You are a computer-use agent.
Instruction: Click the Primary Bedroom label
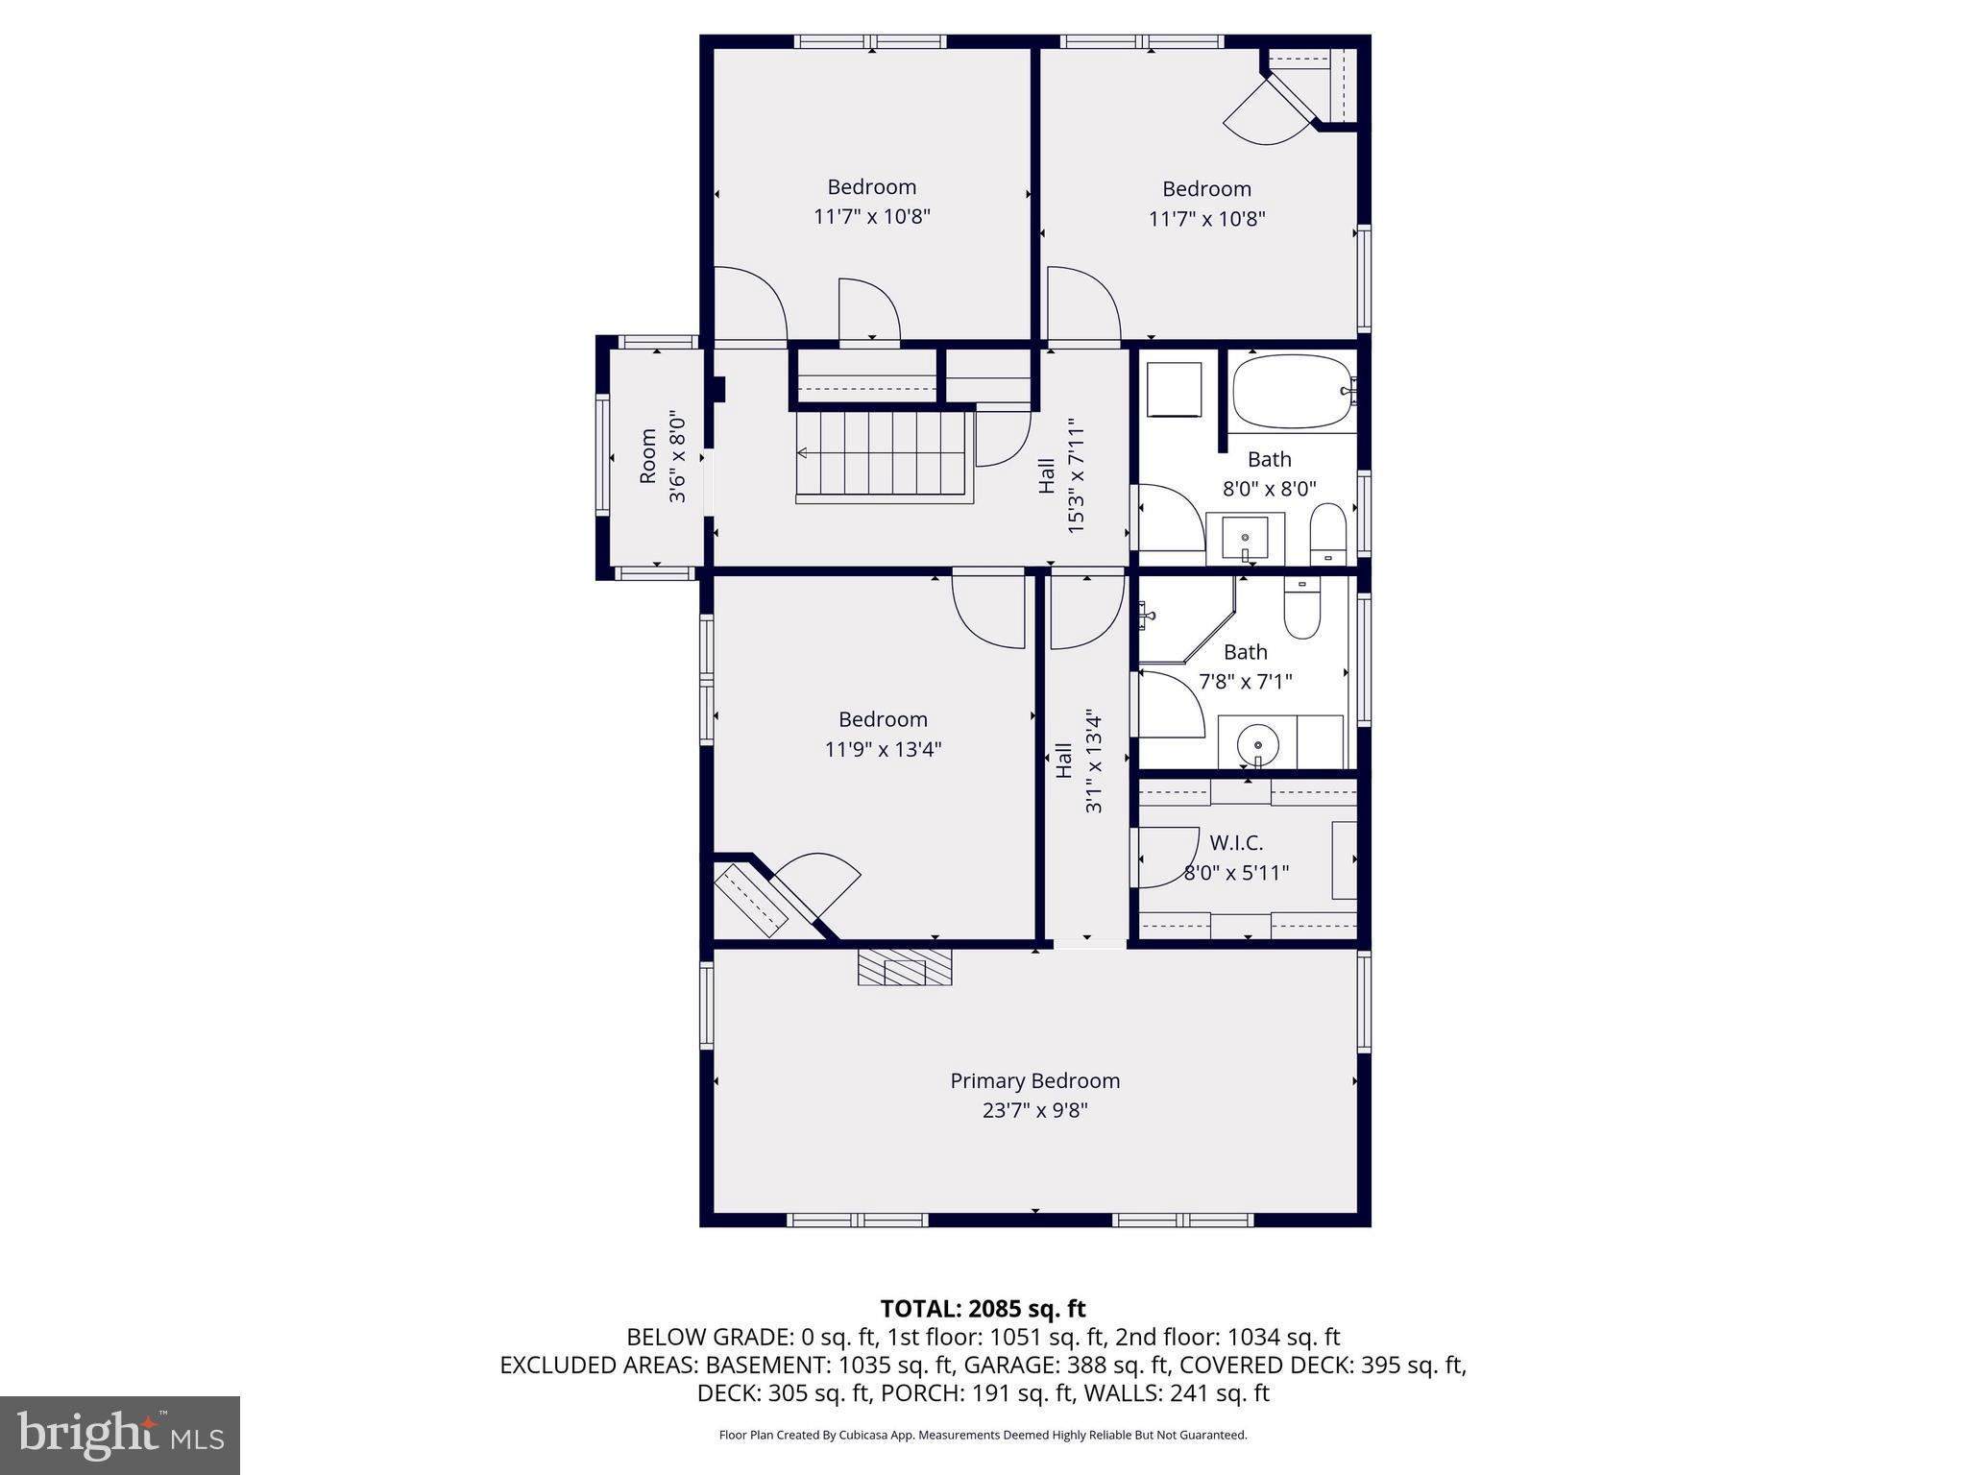tap(1034, 1080)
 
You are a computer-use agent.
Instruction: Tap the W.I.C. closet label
tap(1236, 843)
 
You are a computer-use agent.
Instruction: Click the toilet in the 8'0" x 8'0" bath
tap(1328, 534)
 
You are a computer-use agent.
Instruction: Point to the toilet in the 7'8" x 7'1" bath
tap(1302, 611)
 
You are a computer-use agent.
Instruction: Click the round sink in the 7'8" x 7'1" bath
tap(1257, 742)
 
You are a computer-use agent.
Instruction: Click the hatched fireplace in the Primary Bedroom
tap(905, 967)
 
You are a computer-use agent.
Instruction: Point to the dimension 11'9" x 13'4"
tap(883, 749)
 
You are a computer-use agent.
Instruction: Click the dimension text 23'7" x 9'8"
tap(1034, 1111)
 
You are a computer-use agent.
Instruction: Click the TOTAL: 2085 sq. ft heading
tap(983, 1308)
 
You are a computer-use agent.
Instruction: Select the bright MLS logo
tap(120, 1434)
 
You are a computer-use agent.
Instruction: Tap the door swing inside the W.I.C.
tap(1167, 857)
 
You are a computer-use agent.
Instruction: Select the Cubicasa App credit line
tap(983, 1436)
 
